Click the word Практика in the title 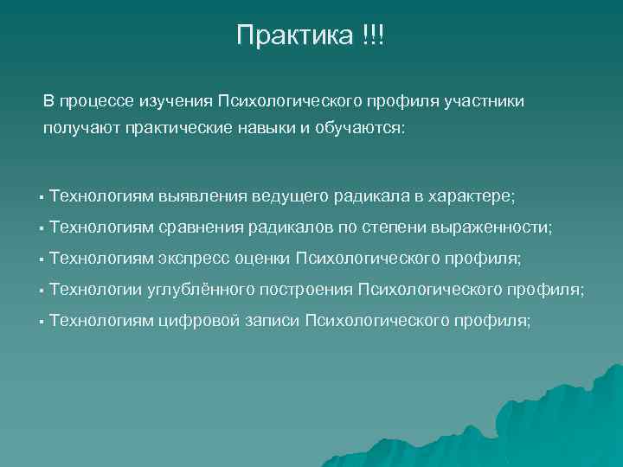[294, 36]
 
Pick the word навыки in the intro [269, 129]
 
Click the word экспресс [194, 258]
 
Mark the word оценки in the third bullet [263, 258]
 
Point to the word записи [266, 320]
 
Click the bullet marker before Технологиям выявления [41, 197]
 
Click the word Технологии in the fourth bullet [100, 289]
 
